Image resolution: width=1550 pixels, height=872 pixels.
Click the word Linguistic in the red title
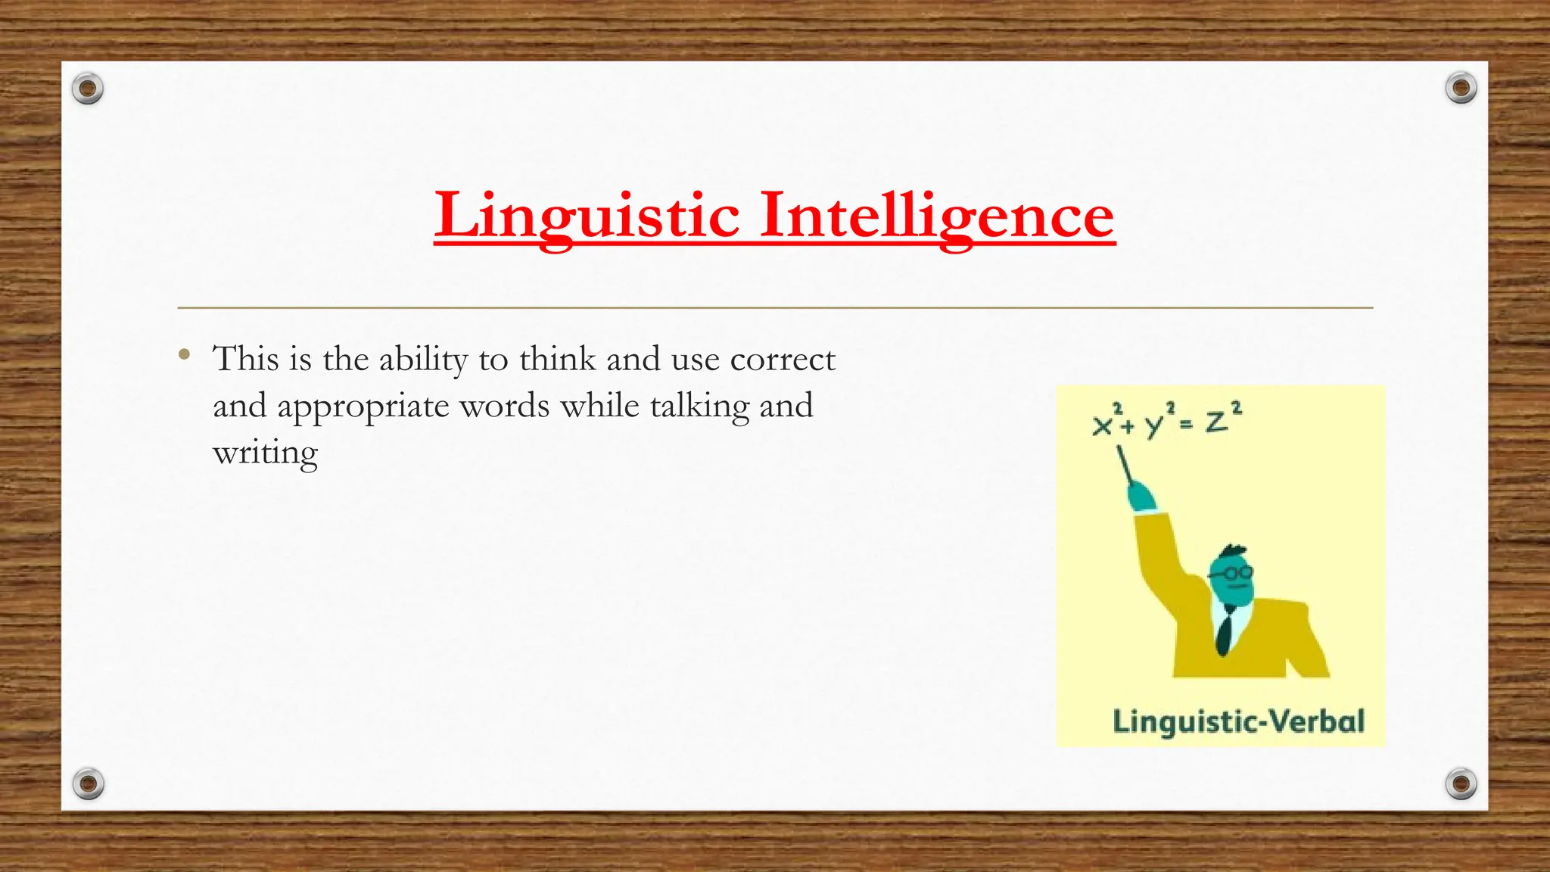587,216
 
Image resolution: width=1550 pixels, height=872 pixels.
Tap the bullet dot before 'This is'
184,353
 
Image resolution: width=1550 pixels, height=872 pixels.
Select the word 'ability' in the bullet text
423,360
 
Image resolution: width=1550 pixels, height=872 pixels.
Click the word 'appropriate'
363,407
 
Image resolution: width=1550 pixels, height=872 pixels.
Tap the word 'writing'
265,454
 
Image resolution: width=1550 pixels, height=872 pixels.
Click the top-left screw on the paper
88,89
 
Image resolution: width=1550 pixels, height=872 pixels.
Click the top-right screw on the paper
1461,89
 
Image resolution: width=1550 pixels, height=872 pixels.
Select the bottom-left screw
88,783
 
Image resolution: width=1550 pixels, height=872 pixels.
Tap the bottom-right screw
1461,783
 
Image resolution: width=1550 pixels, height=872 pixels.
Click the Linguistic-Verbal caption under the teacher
1238,721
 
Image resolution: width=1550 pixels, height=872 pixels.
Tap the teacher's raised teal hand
1141,497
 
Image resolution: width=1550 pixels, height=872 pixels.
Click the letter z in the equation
1216,421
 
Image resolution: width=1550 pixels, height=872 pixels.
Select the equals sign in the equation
1186,425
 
